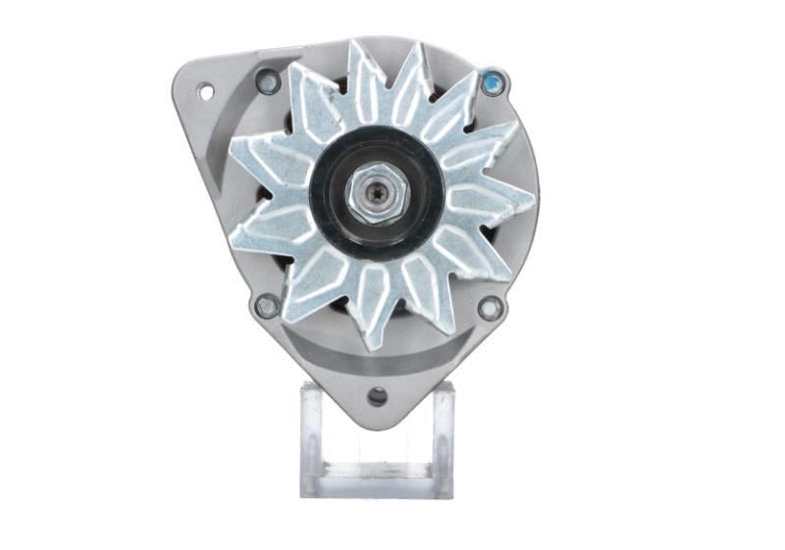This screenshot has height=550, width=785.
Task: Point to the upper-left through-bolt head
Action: pyautogui.click(x=268, y=82)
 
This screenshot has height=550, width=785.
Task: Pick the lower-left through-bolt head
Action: pyautogui.click(x=266, y=306)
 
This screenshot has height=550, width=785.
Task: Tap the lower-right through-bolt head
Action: pyautogui.click(x=490, y=308)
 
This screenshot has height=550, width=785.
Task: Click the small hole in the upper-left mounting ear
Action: pyautogui.click(x=206, y=92)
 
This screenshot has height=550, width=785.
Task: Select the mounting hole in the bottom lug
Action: pyautogui.click(x=378, y=396)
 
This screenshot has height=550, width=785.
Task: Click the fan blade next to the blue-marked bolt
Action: pyautogui.click(x=461, y=98)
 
